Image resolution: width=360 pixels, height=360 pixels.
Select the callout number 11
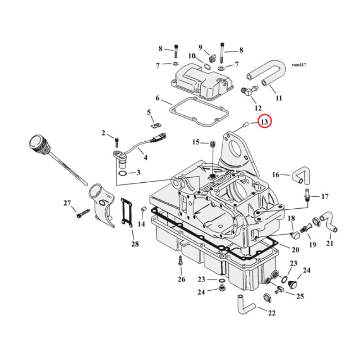279,98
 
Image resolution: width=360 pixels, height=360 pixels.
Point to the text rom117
299,66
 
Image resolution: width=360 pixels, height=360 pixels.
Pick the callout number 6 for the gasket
157,98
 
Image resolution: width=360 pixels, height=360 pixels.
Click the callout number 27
67,203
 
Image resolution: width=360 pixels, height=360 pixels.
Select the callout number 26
181,279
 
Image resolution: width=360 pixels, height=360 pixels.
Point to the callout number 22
271,313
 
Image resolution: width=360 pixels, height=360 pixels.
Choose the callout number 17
325,196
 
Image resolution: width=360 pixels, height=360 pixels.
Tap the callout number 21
330,244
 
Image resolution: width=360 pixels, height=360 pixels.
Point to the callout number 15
196,142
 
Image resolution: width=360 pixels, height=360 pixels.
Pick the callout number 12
258,108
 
